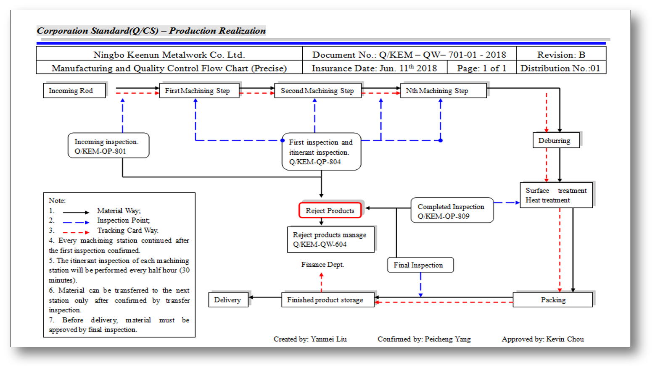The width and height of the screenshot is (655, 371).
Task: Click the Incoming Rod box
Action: pyautogui.click(x=74, y=91)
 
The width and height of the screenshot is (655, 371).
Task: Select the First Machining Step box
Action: pyautogui.click(x=199, y=91)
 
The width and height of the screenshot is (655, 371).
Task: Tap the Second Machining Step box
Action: pyautogui.click(x=317, y=91)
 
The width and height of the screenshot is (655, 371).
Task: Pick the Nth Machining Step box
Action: pyautogui.click(x=443, y=91)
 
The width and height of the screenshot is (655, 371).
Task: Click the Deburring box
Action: pyautogui.click(x=556, y=140)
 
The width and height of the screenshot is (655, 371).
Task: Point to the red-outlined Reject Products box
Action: pyautogui.click(x=330, y=210)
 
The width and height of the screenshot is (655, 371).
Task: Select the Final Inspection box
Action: pyautogui.click(x=420, y=265)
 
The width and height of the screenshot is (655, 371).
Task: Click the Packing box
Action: pyautogui.click(x=553, y=300)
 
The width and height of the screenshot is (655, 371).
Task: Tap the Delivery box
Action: pyautogui.click(x=228, y=300)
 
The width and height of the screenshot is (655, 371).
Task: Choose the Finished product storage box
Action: pyautogui.click(x=327, y=300)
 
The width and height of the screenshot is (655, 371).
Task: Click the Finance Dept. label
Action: pyautogui.click(x=322, y=265)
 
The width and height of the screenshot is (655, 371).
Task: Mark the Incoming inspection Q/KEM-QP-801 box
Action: pyautogui.click(x=108, y=146)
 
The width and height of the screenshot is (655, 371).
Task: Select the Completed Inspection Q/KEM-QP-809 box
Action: pyautogui.click(x=452, y=210)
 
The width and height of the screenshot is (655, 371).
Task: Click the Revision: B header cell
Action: pyautogui.click(x=561, y=55)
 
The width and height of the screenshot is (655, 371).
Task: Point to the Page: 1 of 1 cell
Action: pyautogui.click(x=481, y=68)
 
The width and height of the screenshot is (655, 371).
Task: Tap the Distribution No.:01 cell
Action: pyautogui.click(x=561, y=68)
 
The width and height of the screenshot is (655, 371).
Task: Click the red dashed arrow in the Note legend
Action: pyautogui.click(x=76, y=232)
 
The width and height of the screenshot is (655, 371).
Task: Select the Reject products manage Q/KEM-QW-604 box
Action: pyautogui.click(x=330, y=239)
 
